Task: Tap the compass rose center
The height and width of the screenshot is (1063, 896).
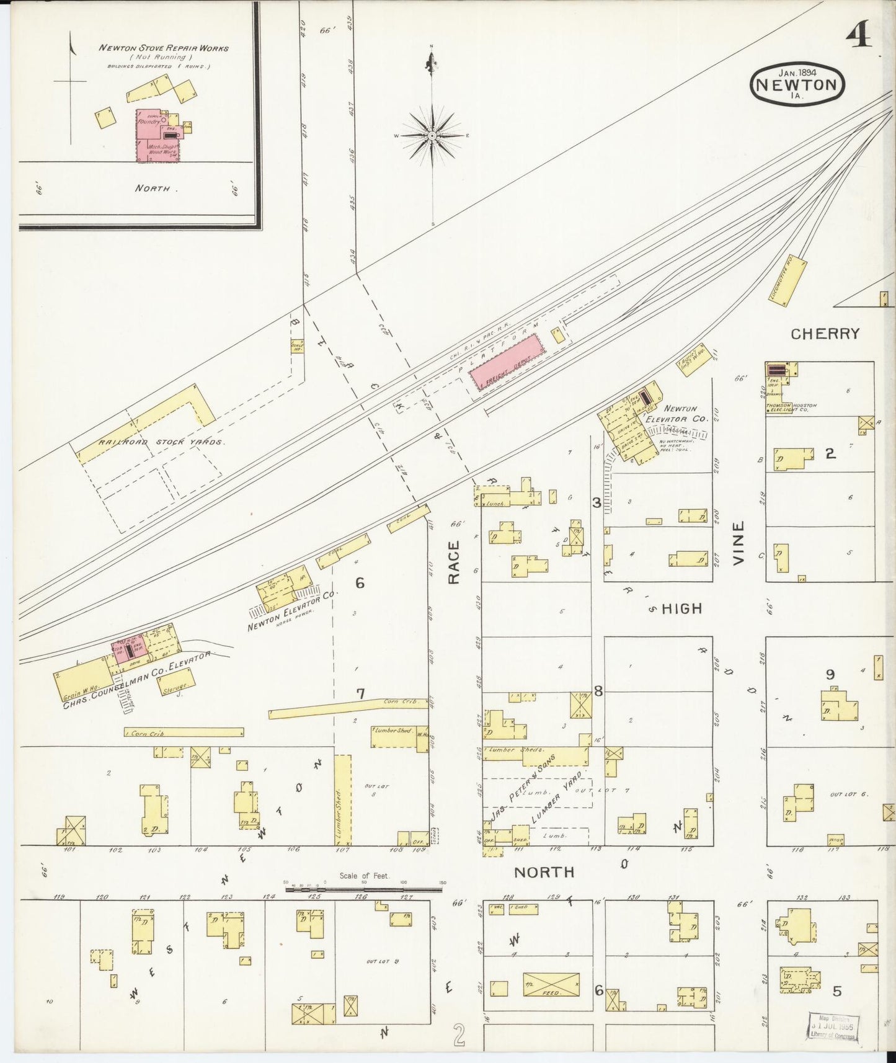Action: click(x=431, y=135)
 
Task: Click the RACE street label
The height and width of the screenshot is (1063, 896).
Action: click(x=454, y=563)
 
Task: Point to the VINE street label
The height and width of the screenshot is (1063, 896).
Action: click(x=738, y=543)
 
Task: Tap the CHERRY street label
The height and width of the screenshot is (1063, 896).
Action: click(x=825, y=334)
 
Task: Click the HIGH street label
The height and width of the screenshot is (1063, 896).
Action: click(x=681, y=609)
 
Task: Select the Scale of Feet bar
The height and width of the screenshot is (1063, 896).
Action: click(x=363, y=889)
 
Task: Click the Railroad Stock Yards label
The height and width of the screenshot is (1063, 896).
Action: click(x=161, y=443)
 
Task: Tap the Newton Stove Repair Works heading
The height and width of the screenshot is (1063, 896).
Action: click(x=164, y=48)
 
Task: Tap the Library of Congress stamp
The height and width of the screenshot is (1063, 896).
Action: click(x=833, y=1027)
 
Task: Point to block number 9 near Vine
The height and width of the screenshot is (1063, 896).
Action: click(x=830, y=675)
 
